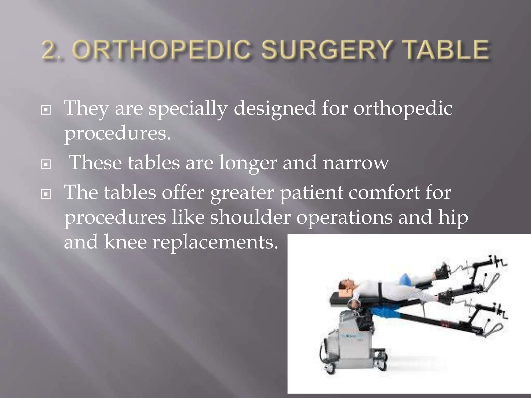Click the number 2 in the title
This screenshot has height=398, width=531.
(x=51, y=49)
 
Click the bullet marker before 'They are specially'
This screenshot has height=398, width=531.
(x=46, y=110)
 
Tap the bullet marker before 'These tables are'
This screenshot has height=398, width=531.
(x=46, y=164)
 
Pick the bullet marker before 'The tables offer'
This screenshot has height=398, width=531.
(x=46, y=194)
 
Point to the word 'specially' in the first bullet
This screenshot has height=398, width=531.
(x=188, y=109)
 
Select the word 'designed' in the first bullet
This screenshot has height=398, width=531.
(x=275, y=109)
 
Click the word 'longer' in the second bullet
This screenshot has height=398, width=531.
(x=248, y=163)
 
